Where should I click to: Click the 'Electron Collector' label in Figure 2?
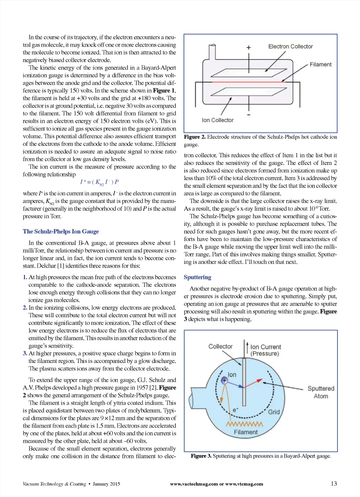[x=290, y=46]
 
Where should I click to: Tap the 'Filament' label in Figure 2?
[x=320, y=64]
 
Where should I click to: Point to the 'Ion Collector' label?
[x=218, y=120]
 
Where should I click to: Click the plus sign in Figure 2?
[x=249, y=47]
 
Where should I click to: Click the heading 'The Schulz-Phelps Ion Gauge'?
[x=61, y=231]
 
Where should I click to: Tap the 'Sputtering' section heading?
[x=197, y=277]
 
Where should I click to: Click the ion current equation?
[x=99, y=182]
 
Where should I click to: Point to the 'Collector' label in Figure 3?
[x=220, y=346]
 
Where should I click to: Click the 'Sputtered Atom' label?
[x=321, y=392]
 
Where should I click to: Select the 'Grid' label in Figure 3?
[x=274, y=412]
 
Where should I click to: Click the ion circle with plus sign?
[x=224, y=380]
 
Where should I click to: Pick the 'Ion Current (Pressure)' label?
[x=265, y=350]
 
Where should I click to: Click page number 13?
[x=334, y=484]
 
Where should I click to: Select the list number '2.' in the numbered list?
[x=25, y=308]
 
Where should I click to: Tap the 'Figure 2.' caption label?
[x=195, y=137]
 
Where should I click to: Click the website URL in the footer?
[x=216, y=484]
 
